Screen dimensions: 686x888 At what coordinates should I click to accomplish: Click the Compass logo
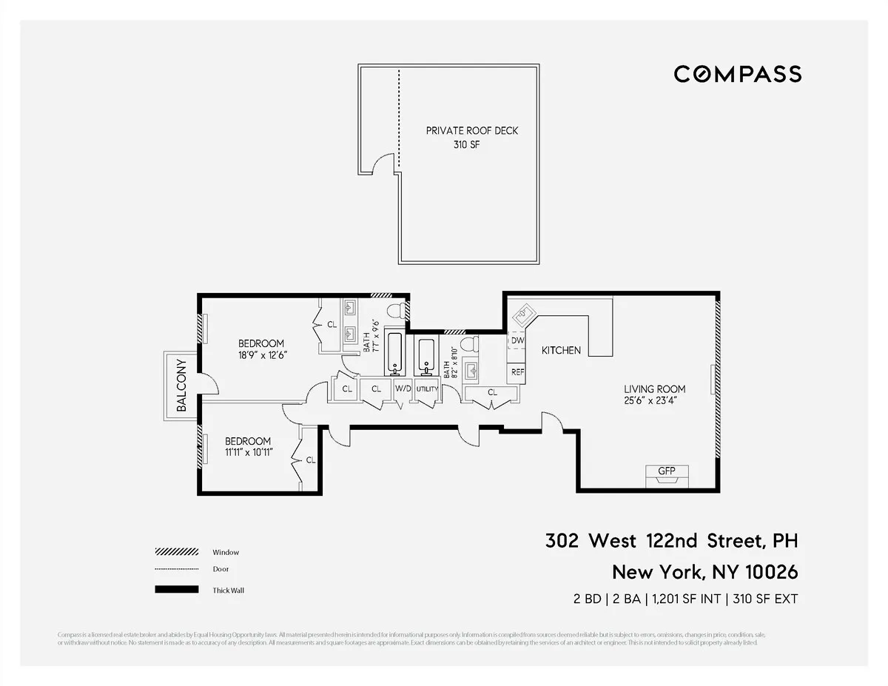click(x=737, y=74)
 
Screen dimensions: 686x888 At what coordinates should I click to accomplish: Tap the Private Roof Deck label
click(x=471, y=131)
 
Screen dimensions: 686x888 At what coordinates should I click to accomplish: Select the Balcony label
click(x=181, y=385)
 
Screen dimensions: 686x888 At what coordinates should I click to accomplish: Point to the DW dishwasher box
click(x=517, y=340)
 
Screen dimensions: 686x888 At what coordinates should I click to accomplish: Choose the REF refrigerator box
click(x=517, y=372)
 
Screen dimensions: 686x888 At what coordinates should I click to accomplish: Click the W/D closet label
click(x=403, y=389)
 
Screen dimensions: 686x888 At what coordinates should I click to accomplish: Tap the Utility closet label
click(x=427, y=389)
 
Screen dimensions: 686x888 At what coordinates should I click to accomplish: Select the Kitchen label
click(x=561, y=350)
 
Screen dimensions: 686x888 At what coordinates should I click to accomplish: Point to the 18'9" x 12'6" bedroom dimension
click(x=261, y=355)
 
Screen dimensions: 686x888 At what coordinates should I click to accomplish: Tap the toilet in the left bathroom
click(x=397, y=309)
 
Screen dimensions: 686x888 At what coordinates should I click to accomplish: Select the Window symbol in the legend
click(x=177, y=552)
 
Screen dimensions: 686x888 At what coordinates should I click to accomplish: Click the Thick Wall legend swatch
click(x=177, y=590)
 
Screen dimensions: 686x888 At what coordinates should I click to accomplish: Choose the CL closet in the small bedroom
click(x=311, y=460)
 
